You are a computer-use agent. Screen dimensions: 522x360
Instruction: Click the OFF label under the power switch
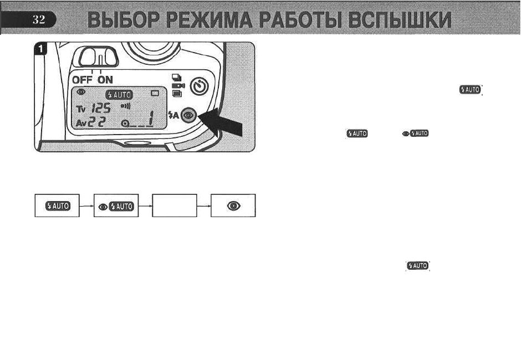(83, 79)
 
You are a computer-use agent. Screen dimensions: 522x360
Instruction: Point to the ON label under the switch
(106, 79)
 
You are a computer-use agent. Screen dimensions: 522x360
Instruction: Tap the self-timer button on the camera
(199, 86)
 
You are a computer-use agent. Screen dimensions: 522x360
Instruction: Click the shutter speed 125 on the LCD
(104, 109)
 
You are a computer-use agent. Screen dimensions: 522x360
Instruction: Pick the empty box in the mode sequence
(175, 205)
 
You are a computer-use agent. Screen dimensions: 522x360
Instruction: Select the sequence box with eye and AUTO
(116, 205)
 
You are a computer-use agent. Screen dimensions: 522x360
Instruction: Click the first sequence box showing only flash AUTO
(57, 205)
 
